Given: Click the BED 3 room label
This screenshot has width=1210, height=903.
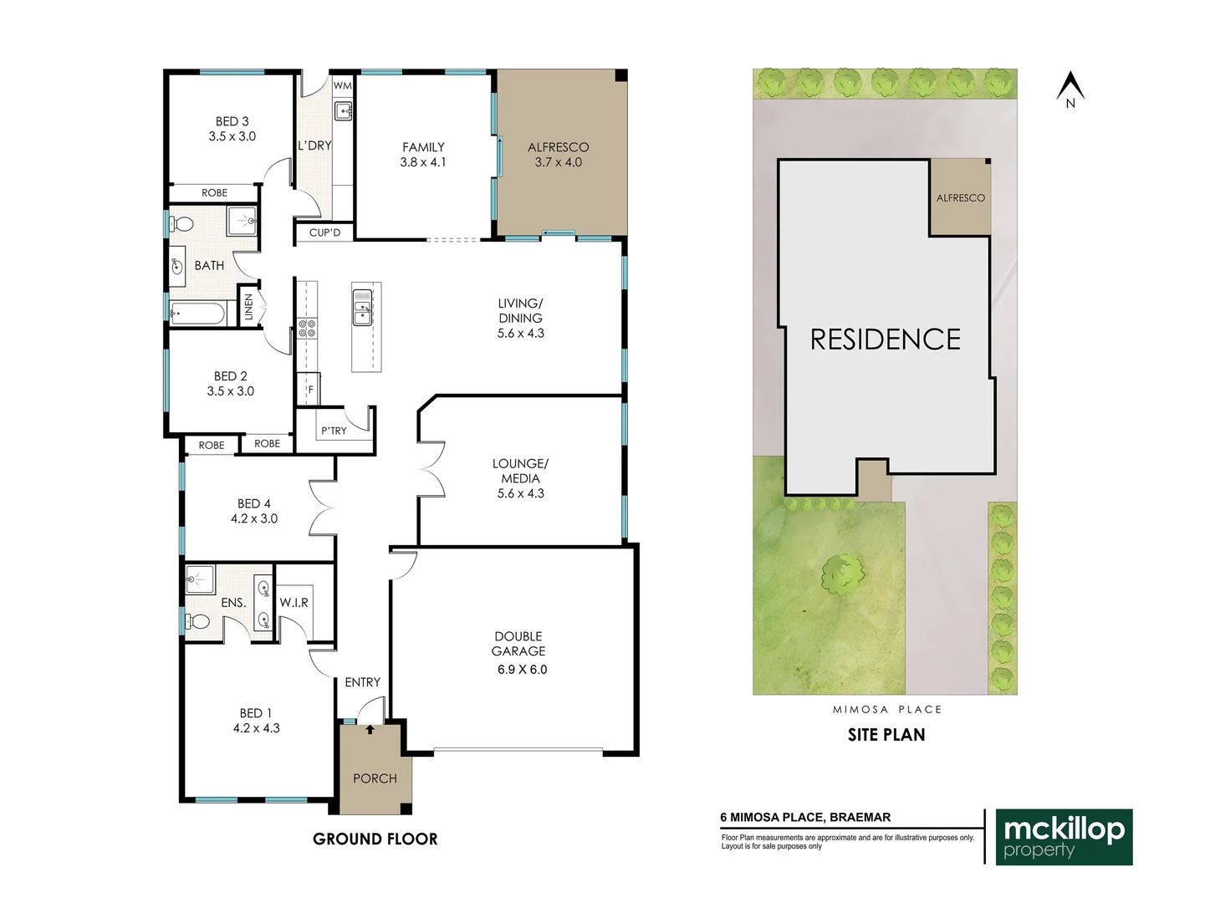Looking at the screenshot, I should [232, 121].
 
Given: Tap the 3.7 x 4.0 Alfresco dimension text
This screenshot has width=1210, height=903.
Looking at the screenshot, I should [558, 162].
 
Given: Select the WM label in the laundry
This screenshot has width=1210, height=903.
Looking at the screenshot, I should [342, 85].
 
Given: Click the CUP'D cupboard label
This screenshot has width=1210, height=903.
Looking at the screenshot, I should [324, 232].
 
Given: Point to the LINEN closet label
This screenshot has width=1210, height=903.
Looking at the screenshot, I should [248, 307].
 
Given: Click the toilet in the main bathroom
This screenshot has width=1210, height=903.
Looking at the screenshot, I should [181, 224].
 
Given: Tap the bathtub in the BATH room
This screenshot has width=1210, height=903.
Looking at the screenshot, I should [197, 314].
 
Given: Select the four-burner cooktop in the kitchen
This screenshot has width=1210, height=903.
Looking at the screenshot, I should [307, 328].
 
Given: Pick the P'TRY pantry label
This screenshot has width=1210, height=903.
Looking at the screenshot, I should [334, 431].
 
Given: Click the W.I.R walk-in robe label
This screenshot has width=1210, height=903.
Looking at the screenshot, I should [294, 602].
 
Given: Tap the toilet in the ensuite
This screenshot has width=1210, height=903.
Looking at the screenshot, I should [198, 621].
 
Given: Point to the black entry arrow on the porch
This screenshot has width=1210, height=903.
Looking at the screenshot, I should [370, 730].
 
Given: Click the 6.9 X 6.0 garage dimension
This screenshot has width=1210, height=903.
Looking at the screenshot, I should [522, 669].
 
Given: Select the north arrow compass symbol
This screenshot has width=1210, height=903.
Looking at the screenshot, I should [1070, 89].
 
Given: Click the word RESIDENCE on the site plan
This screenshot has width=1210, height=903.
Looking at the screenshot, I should [885, 339].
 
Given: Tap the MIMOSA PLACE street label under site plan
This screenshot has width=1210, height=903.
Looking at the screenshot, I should [886, 709].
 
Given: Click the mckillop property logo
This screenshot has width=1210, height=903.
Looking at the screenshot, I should [1064, 836].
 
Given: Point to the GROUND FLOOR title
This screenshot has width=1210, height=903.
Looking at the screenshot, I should [375, 839].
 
